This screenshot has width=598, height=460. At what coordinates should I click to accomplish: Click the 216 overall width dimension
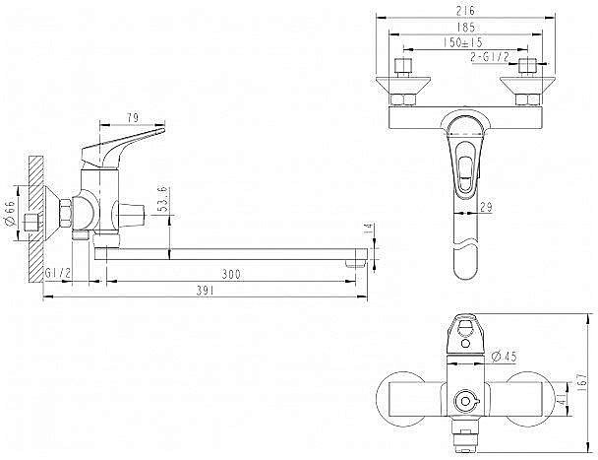point(465,11)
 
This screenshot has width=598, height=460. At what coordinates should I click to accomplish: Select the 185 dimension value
point(465,28)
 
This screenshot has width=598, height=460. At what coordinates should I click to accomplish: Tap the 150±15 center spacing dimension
point(463,42)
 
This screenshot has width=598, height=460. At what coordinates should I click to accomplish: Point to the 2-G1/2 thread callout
point(490,57)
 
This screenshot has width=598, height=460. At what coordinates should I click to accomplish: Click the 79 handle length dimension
point(133,118)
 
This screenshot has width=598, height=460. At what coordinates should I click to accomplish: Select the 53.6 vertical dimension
point(163,199)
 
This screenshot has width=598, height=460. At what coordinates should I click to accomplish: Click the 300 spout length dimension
point(231,274)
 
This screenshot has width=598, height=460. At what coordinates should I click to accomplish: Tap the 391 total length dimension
point(206,291)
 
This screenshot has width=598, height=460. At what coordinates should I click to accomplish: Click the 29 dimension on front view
point(486,208)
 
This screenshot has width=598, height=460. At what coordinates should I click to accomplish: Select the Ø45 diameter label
point(504,357)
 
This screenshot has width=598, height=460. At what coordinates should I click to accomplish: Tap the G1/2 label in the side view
point(58,273)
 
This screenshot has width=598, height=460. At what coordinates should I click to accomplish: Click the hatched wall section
point(36,220)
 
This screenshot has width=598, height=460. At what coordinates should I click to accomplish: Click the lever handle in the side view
point(123,147)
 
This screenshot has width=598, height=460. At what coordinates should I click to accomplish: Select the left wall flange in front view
point(403,85)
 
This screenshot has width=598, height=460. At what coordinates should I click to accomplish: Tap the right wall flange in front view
point(527,85)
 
